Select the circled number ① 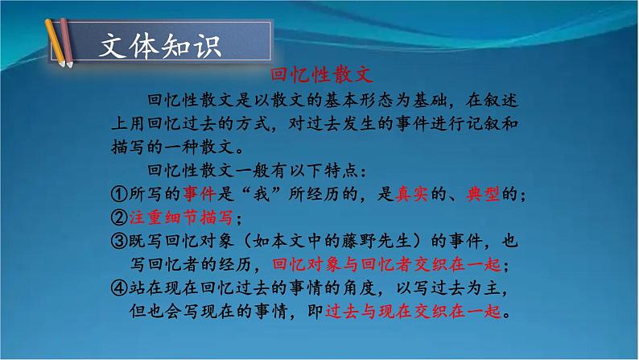(x=117, y=194)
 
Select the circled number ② (x=117, y=217)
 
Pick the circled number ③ (x=117, y=241)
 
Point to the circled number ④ (x=117, y=288)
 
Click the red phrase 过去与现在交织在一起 (x=418, y=311)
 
